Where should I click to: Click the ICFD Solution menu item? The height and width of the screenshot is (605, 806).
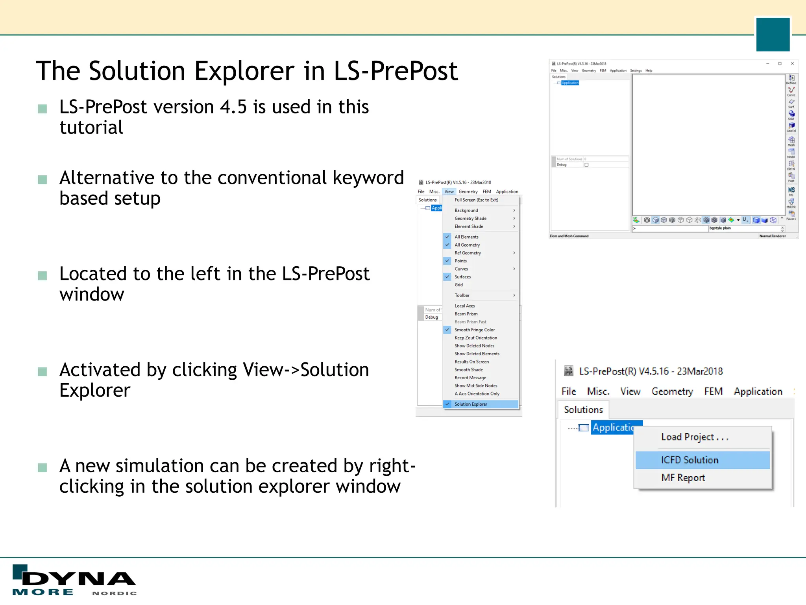click(x=690, y=460)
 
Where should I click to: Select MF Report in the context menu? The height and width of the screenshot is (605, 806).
click(x=683, y=478)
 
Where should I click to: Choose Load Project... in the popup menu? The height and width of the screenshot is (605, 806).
click(x=695, y=437)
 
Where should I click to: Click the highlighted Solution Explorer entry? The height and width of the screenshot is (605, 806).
click(x=471, y=404)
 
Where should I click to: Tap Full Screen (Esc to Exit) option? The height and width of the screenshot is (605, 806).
click(x=476, y=200)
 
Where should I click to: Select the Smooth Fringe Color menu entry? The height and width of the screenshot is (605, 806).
click(x=475, y=330)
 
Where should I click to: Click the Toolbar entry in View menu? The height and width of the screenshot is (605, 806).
click(x=462, y=295)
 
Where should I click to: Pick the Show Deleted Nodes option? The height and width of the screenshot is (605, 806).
click(x=474, y=346)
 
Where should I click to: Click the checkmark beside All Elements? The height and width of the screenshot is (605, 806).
click(x=447, y=237)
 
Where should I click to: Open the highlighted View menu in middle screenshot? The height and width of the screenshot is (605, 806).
click(x=449, y=192)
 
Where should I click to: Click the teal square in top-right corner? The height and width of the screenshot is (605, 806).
click(x=773, y=35)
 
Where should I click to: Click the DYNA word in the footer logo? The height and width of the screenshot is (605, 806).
click(x=79, y=579)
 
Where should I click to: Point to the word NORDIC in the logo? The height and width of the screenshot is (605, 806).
click(x=115, y=593)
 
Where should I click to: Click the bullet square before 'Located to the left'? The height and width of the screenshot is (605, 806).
click(x=43, y=275)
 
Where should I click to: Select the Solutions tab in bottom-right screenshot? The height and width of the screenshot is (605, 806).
click(x=583, y=410)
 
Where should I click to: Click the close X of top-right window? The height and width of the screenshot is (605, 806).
click(x=792, y=63)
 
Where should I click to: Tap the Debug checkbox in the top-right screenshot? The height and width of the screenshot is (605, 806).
click(x=586, y=165)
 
